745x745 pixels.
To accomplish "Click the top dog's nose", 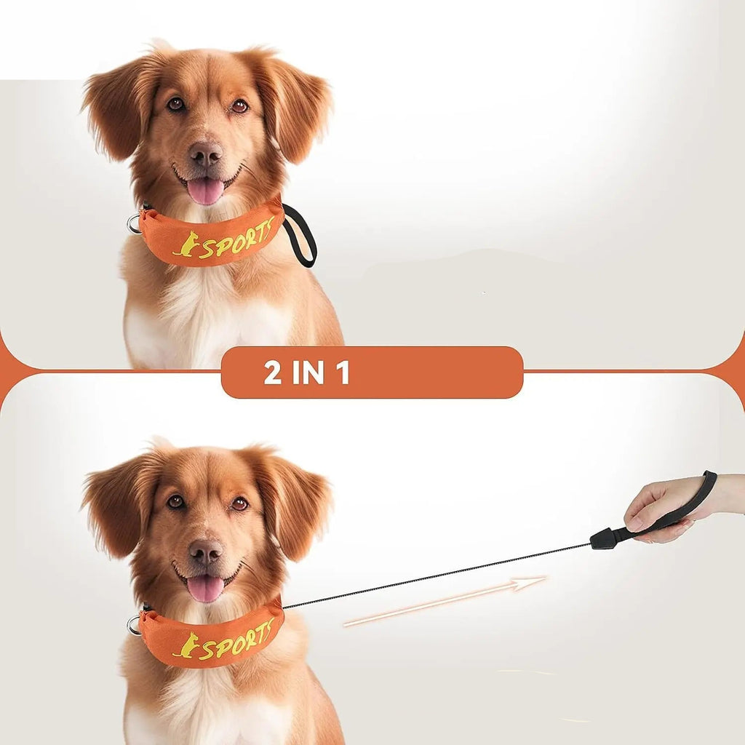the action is pyautogui.click(x=205, y=154).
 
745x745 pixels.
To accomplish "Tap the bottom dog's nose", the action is pyautogui.click(x=205, y=551).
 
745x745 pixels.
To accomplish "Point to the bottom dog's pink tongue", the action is pyautogui.click(x=206, y=588).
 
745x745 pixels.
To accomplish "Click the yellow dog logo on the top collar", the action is pyautogui.click(x=186, y=244).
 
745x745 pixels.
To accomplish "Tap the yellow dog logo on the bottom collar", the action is pyautogui.click(x=186, y=645).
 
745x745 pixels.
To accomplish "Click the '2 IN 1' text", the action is pyautogui.click(x=306, y=372).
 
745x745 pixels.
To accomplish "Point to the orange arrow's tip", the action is pyautogui.click(x=546, y=578).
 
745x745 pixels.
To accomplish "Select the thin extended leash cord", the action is pyautogui.click(x=437, y=575).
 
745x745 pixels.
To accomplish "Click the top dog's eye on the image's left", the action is pyautogui.click(x=176, y=103).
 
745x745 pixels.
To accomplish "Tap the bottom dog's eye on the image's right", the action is pyautogui.click(x=239, y=503).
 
